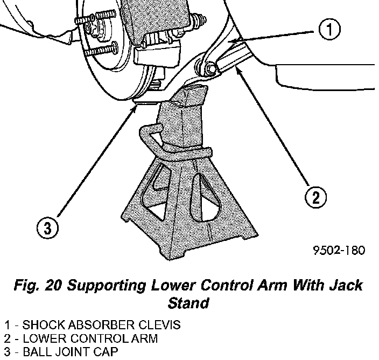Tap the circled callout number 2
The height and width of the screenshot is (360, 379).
316,196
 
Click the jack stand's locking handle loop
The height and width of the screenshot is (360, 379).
148,137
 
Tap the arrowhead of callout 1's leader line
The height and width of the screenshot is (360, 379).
230,41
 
